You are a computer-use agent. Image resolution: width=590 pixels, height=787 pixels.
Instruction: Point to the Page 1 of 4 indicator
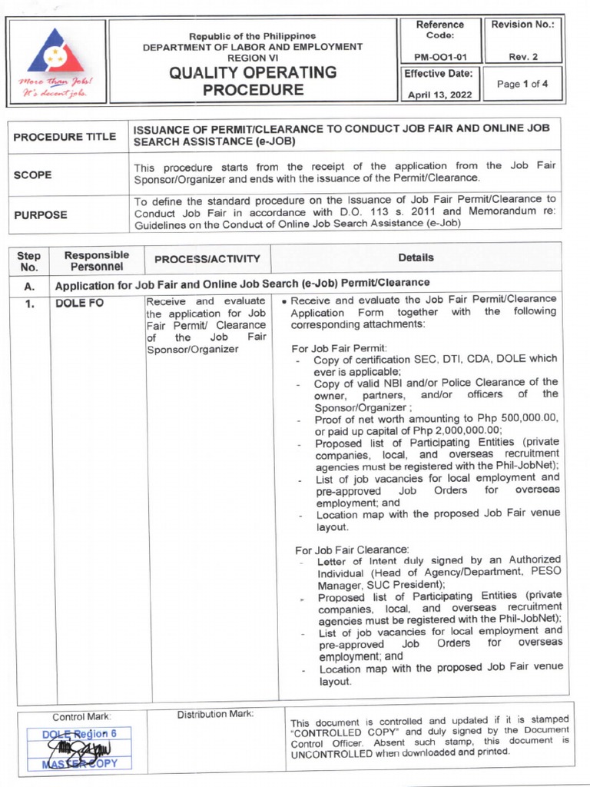click(x=522, y=85)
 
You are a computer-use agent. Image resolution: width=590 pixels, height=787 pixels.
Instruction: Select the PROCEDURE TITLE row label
click(x=65, y=136)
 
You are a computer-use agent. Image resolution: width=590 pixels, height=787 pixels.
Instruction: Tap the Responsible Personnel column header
click(x=97, y=260)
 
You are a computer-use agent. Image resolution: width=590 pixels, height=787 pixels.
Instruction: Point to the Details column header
click(x=416, y=257)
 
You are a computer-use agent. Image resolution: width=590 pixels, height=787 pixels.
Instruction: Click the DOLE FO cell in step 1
click(x=78, y=303)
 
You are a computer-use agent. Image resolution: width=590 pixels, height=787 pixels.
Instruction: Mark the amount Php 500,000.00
click(x=516, y=418)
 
